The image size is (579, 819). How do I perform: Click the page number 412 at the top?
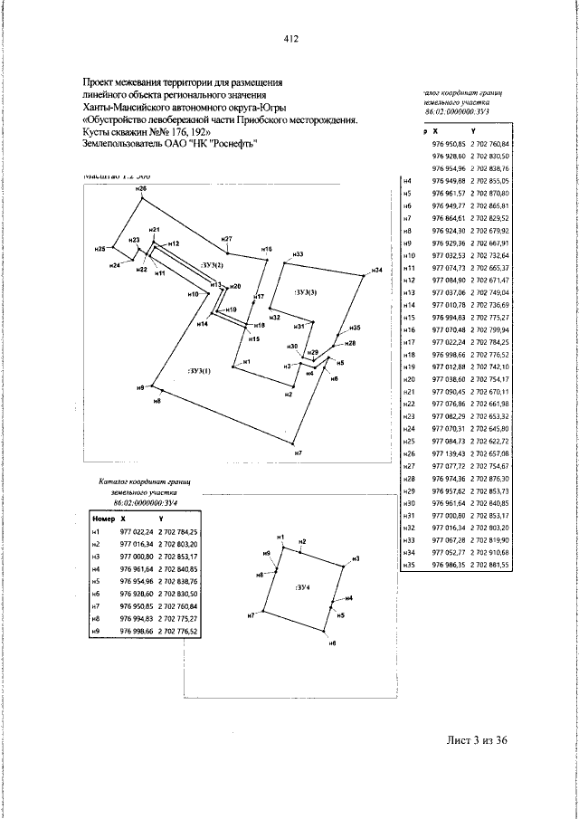tap(290, 39)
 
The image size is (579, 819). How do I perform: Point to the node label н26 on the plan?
tap(140, 188)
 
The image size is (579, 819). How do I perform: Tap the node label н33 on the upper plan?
tap(298, 254)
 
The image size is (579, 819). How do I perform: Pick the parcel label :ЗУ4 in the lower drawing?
tap(302, 587)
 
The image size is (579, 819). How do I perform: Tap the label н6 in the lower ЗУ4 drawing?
tap(332, 642)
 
